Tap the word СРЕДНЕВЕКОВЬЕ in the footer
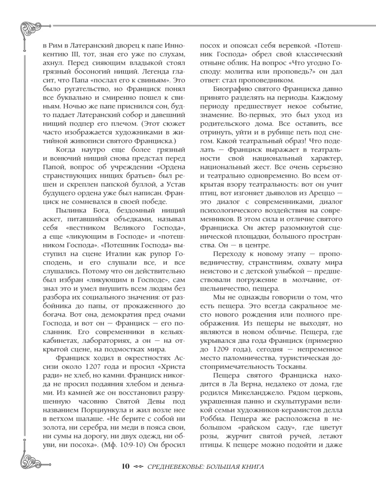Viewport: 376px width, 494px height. [x=182, y=466]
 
